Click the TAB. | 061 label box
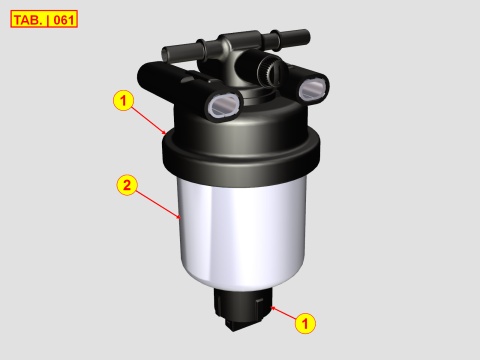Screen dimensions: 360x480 pos(44,19)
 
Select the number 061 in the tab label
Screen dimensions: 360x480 pos(62,19)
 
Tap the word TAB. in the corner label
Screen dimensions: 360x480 pos(29,19)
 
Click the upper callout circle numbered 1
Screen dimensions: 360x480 pos(123,100)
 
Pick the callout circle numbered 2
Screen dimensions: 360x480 pos(127,185)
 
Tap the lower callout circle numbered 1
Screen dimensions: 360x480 pos(306,323)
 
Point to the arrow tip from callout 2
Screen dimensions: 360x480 pos(180,217)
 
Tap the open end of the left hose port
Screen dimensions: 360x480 pos(222,103)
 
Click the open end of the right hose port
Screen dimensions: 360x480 pos(313,89)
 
